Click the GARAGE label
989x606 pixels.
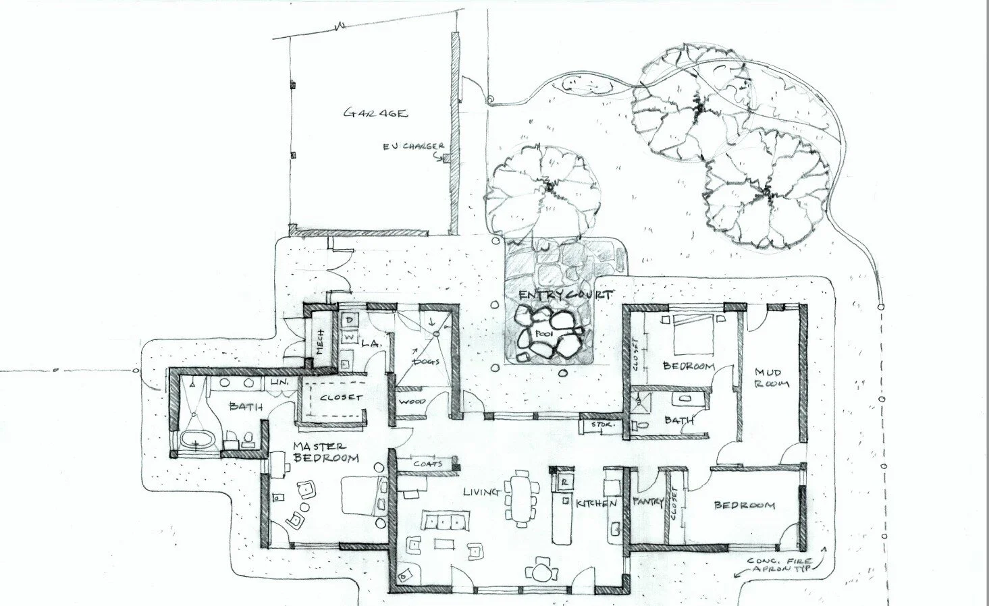click(x=375, y=113)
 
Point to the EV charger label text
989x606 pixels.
click(x=413, y=146)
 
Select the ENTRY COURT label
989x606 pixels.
click(x=566, y=296)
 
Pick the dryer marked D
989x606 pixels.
click(x=350, y=320)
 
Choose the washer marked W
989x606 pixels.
click(x=350, y=335)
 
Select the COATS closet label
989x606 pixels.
click(x=429, y=464)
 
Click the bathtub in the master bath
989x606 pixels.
click(x=197, y=441)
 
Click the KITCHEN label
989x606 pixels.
click(x=596, y=503)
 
